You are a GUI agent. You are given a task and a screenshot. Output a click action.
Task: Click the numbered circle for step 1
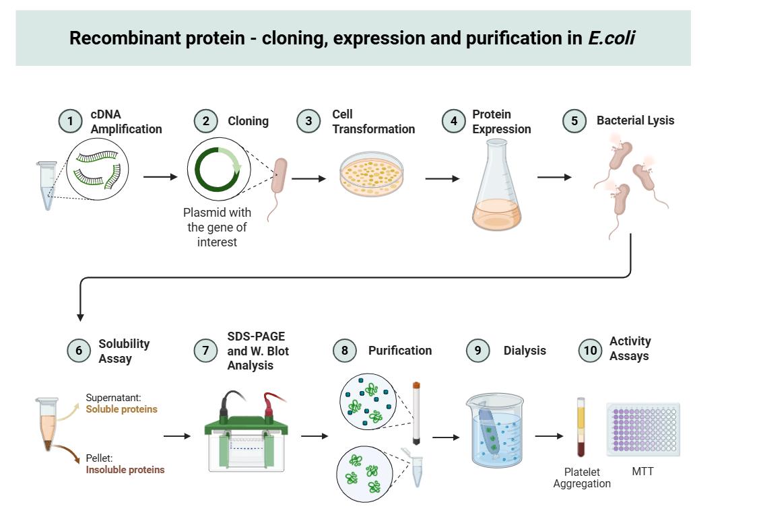[x=69, y=122]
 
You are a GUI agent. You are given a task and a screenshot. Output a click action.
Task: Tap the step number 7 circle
[x=205, y=351]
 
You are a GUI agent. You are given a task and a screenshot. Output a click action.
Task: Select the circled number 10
[x=591, y=350]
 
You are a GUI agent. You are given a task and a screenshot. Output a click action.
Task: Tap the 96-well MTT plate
[x=643, y=429]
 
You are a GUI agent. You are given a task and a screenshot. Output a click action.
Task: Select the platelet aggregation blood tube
[x=581, y=427]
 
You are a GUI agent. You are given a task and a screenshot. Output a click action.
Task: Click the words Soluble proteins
[x=121, y=409]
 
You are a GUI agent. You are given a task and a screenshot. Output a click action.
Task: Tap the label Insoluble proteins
[x=125, y=470]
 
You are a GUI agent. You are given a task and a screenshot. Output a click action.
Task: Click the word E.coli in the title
[x=612, y=38]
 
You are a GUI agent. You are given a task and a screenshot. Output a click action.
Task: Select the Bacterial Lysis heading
[x=635, y=121]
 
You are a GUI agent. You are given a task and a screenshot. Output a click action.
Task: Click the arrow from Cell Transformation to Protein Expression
[x=442, y=178]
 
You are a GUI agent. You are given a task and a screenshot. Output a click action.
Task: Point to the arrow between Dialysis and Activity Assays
[x=549, y=436]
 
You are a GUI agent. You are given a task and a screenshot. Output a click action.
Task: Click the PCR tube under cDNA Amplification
[x=47, y=185]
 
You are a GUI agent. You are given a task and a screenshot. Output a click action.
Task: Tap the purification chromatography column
[x=417, y=413]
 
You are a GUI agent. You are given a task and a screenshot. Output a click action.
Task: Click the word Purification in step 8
[x=400, y=351]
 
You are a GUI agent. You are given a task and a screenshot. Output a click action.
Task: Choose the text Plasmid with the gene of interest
[x=217, y=227]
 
